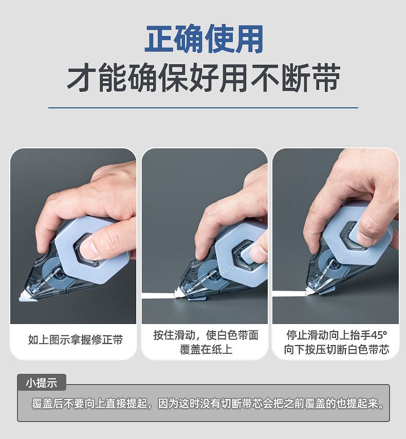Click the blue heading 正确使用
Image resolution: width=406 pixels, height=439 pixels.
[x=204, y=39]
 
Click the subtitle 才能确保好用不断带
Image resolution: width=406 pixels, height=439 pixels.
[x=204, y=78]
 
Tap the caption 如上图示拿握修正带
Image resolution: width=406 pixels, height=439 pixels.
[x=76, y=339]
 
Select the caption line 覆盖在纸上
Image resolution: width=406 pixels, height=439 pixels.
[x=206, y=350]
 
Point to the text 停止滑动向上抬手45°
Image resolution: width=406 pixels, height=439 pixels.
[x=337, y=335]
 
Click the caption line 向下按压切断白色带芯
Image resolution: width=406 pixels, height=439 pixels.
[x=337, y=350]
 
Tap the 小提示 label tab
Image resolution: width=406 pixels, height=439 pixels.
[x=42, y=383]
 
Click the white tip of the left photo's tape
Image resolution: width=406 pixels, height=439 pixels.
[x=26, y=296]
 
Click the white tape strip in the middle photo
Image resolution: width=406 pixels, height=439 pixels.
[x=159, y=295]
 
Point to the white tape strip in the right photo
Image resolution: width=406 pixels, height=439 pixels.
[x=289, y=294]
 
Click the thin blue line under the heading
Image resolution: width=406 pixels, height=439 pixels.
[x=203, y=107]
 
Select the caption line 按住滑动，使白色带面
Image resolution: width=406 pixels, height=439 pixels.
[x=206, y=335]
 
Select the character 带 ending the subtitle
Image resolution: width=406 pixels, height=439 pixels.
[x=326, y=78]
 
